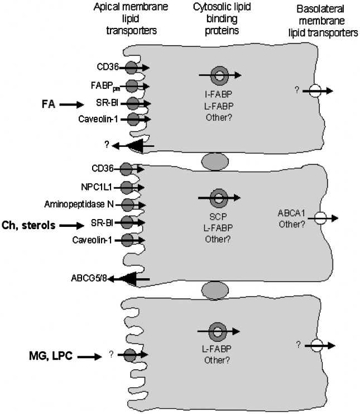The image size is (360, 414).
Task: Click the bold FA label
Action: tap(49, 103)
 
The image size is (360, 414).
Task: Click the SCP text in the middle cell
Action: tap(218, 213)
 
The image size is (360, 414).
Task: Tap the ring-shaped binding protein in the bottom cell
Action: tap(218, 331)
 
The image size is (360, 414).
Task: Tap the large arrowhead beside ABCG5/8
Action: tap(128, 278)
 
